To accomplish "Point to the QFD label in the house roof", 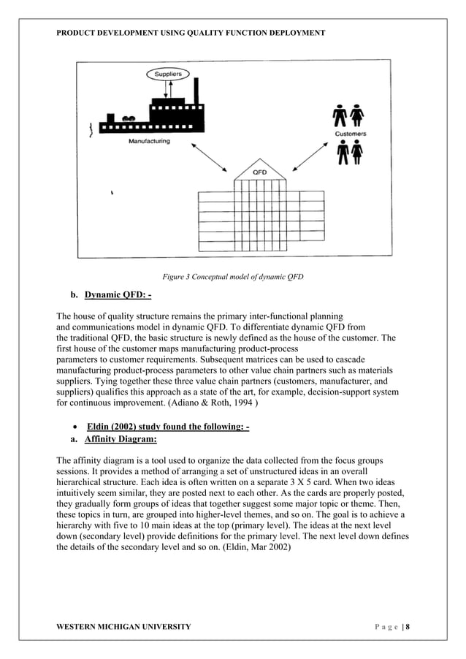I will [x=259, y=172].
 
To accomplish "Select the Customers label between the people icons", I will [x=351, y=134].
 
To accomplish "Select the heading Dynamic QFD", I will [x=118, y=295].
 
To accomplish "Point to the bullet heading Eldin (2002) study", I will [x=168, y=427].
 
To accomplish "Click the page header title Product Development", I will [x=191, y=33].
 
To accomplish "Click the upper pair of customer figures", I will [x=349, y=117].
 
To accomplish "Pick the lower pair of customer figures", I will [x=349, y=153].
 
